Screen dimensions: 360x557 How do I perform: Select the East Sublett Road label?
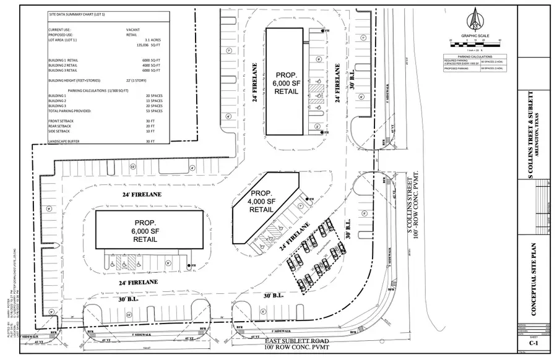[x=274, y=341]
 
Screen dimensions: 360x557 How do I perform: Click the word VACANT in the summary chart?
[x=132, y=30]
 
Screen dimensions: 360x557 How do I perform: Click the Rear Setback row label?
[x=60, y=126]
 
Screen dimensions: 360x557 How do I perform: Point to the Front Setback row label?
[x=61, y=121]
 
